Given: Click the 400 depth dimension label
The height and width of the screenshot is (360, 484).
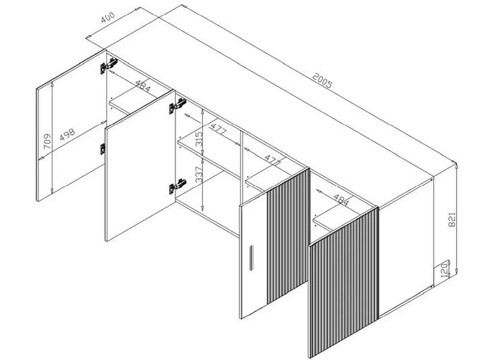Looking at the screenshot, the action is click(108, 17).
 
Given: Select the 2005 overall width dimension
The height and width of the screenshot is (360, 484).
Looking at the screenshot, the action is click(322, 80).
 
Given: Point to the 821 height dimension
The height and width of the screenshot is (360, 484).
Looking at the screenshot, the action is click(452, 220).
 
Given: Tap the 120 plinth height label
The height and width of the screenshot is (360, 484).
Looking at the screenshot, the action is click(444, 270).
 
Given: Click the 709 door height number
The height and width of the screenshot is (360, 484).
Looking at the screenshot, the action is click(47, 141).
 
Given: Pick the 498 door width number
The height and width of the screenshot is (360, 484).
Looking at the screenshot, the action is click(67, 134).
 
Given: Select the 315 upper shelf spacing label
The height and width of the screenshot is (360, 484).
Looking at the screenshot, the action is click(199, 139).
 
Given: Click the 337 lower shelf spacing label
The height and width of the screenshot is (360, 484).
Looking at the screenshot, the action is click(199, 174).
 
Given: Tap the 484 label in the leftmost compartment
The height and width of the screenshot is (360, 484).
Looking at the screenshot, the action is click(143, 87).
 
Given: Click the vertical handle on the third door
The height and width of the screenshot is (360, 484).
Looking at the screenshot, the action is click(251, 257).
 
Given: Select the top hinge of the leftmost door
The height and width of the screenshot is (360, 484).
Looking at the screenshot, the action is click(108, 66).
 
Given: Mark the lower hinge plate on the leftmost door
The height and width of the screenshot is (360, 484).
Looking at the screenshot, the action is click(102, 148).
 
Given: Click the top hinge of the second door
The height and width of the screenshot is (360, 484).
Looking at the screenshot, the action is click(177, 105).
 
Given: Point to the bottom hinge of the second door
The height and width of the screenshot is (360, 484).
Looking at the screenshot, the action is click(177, 185).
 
